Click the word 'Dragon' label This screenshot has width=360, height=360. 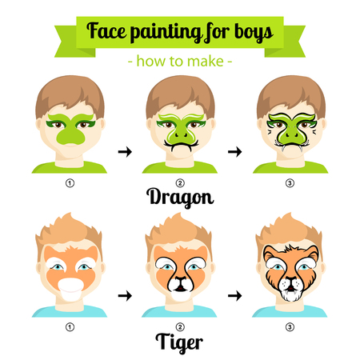(x=180, y=198)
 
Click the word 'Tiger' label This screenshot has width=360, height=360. (x=179, y=342)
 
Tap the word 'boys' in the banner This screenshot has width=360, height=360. (x=254, y=32)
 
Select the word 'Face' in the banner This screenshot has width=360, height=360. (x=106, y=30)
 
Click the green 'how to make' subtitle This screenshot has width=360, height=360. (x=180, y=62)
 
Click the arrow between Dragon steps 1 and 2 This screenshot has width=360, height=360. (x=125, y=152)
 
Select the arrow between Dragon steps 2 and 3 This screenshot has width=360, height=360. (x=235, y=152)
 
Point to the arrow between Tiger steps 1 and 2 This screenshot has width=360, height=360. (x=125, y=295)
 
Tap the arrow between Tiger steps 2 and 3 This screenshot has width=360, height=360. (x=235, y=295)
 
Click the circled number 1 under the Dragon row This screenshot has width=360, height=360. (x=70, y=183)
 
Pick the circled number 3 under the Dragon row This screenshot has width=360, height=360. (x=290, y=183)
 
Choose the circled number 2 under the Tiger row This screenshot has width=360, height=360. (x=180, y=327)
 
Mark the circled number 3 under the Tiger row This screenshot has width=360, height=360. (x=290, y=327)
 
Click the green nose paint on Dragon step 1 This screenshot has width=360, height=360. (x=71, y=135)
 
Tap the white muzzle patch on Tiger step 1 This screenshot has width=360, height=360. (x=71, y=290)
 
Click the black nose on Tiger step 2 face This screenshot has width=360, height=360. (x=181, y=279)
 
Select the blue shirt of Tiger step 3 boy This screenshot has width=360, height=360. (x=290, y=311)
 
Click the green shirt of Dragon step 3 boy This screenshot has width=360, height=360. (x=290, y=168)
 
